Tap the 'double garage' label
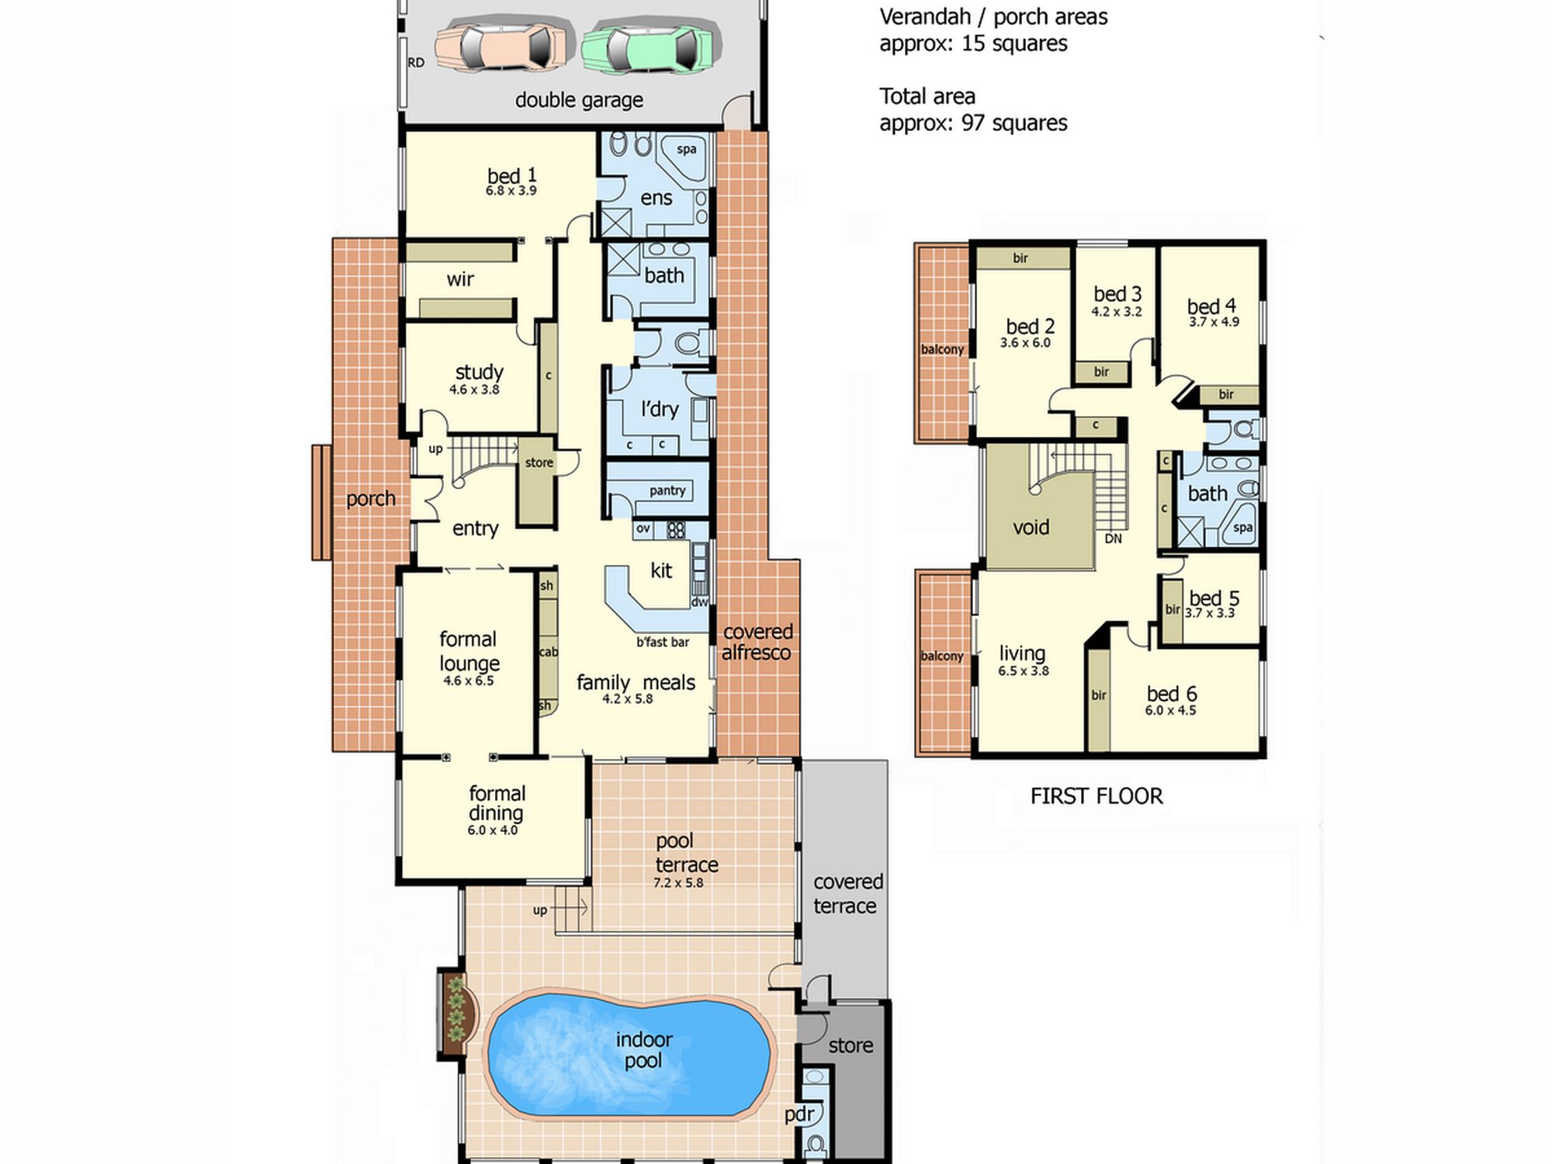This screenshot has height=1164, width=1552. click(x=579, y=100)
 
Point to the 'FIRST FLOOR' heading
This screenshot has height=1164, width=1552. click(x=1096, y=796)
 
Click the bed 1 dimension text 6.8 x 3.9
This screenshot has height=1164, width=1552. click(x=511, y=190)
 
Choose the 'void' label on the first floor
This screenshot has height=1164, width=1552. click(x=1031, y=528)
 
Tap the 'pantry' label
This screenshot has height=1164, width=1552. click(x=667, y=490)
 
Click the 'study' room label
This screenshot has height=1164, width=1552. click(x=479, y=372)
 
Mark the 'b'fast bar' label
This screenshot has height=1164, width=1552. click(x=663, y=642)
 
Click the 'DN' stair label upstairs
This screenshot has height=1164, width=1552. click(x=1113, y=539)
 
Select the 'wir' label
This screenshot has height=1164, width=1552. click(x=460, y=279)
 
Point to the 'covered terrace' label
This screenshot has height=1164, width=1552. click(x=847, y=894)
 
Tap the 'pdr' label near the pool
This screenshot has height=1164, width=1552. click(x=799, y=1115)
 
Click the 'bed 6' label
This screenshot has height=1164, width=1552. click(x=1171, y=693)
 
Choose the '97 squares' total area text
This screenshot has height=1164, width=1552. click(x=1014, y=123)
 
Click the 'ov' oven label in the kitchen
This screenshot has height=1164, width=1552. click(x=643, y=528)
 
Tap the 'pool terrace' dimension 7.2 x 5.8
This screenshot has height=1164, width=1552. click(x=678, y=882)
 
